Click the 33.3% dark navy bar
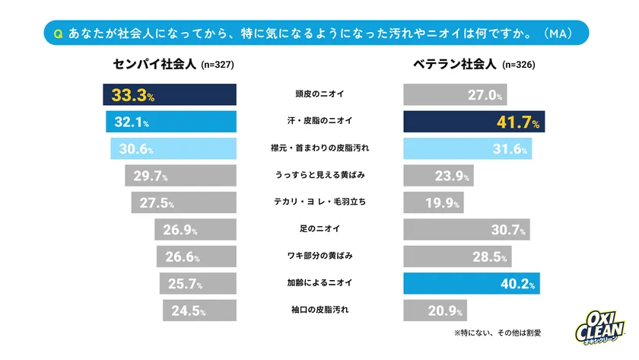point(170,95)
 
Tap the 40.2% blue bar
point(472,284)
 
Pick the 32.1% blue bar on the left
point(171,123)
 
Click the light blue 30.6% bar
point(173,149)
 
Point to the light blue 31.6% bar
point(467,149)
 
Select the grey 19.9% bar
point(432,203)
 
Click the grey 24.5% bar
point(199,311)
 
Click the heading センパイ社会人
point(155,65)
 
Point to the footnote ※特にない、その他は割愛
point(506,333)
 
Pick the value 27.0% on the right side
point(485,96)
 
